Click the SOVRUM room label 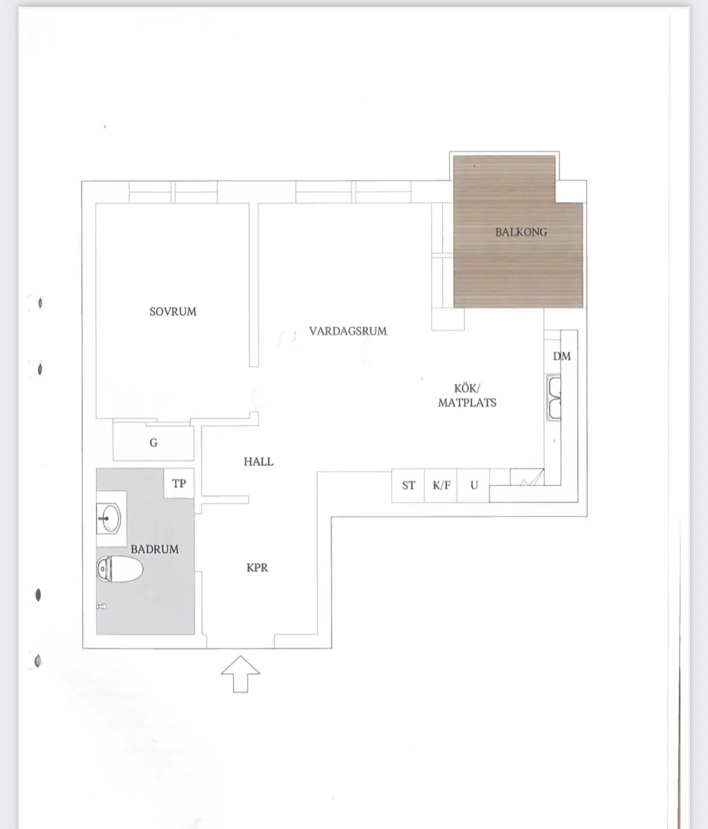coord(173,312)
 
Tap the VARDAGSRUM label coord(348,331)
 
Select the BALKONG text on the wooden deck coord(521,232)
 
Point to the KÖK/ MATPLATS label coord(467,395)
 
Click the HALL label coord(258,462)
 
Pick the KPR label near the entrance coord(257,567)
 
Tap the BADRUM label coord(154,549)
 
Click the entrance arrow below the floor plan coord(241,674)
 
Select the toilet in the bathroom coord(120,569)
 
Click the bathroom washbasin coord(109,518)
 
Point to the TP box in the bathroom coord(179,483)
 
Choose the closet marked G coord(153,443)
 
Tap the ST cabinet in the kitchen coord(408,485)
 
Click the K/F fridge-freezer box coord(441,485)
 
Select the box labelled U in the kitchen coord(473,485)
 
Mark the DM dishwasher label coord(561,356)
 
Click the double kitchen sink coord(554,398)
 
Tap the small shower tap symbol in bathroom coord(102,606)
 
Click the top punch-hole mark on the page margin coord(40,303)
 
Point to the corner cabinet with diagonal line coord(527,477)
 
